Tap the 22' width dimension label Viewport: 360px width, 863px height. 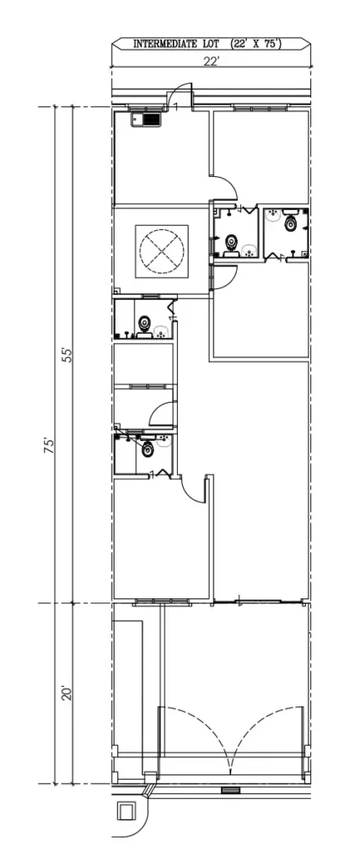point(211,60)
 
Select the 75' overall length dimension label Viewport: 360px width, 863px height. point(50,445)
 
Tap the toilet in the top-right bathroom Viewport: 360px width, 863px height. point(292,223)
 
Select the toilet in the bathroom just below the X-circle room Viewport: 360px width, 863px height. point(144,322)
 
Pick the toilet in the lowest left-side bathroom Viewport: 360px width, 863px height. point(148,449)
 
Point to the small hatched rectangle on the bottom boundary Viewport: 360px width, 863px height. point(228,790)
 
